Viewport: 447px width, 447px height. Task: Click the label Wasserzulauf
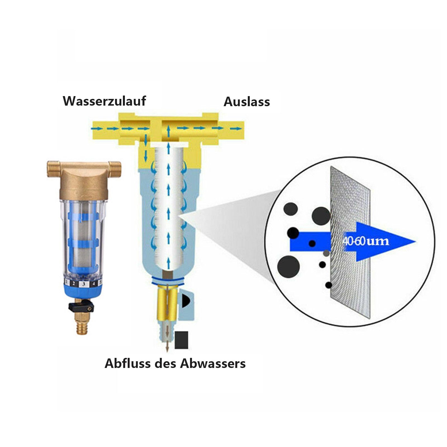point(104,101)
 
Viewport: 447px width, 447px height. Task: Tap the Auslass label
point(247,102)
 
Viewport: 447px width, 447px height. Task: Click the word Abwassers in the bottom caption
point(213,363)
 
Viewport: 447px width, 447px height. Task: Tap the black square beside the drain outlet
point(181,340)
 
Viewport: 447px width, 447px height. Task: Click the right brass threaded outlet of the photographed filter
point(115,170)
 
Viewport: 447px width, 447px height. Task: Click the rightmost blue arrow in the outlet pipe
point(236,128)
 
